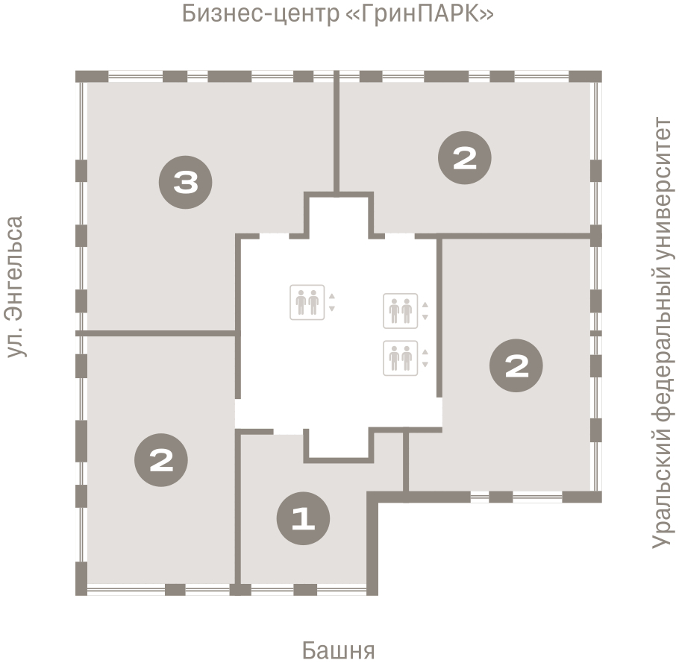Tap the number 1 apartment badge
[303, 519]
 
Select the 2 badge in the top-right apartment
[464, 158]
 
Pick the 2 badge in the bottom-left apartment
[161, 460]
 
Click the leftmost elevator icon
[307, 302]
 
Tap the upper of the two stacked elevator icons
[400, 310]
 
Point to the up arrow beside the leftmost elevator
[332, 295]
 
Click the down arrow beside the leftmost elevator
[332, 308]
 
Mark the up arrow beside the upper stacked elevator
[425, 304]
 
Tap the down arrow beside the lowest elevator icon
[425, 365]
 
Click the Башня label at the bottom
[338, 650]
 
